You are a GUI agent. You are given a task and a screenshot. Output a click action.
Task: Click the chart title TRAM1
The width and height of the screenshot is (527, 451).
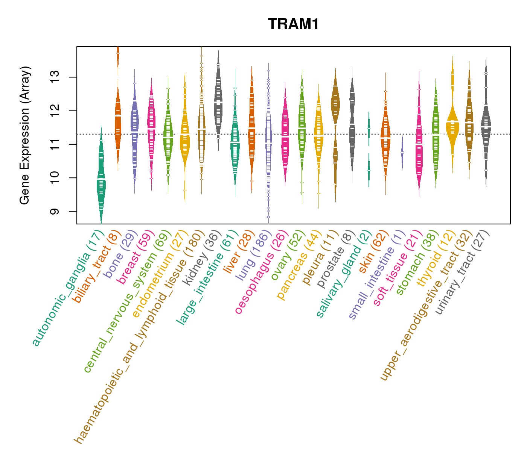(x=293, y=24)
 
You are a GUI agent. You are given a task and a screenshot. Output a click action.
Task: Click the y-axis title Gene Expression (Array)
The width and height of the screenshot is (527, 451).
(x=25, y=135)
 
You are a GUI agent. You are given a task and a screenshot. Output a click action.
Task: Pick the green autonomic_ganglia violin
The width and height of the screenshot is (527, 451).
(x=101, y=180)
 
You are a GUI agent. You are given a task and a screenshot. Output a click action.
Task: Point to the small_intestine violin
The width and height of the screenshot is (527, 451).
(x=402, y=152)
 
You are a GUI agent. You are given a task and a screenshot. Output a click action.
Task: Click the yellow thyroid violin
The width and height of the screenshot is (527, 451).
(x=452, y=124)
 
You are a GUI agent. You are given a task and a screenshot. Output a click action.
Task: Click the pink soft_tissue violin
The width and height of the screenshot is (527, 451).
(x=419, y=150)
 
